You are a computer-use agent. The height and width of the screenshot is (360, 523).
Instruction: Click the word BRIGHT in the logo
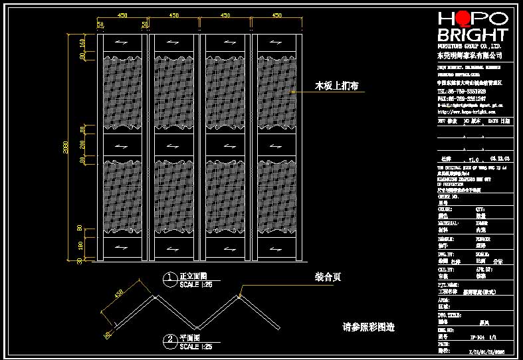click(472, 35)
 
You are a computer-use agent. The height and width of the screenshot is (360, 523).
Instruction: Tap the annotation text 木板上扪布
click(337, 86)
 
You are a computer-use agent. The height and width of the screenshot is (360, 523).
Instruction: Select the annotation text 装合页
click(328, 278)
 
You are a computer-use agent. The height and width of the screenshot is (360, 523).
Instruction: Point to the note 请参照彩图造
click(368, 327)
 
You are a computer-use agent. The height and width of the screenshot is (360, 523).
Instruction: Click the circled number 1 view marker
click(171, 278)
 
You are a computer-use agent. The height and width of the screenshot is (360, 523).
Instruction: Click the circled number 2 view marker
click(171, 340)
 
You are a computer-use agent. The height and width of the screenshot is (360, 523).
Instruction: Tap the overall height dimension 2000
click(65, 147)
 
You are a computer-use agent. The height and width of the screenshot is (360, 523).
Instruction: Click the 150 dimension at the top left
click(82, 43)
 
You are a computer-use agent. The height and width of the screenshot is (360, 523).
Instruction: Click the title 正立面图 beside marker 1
click(194, 276)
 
